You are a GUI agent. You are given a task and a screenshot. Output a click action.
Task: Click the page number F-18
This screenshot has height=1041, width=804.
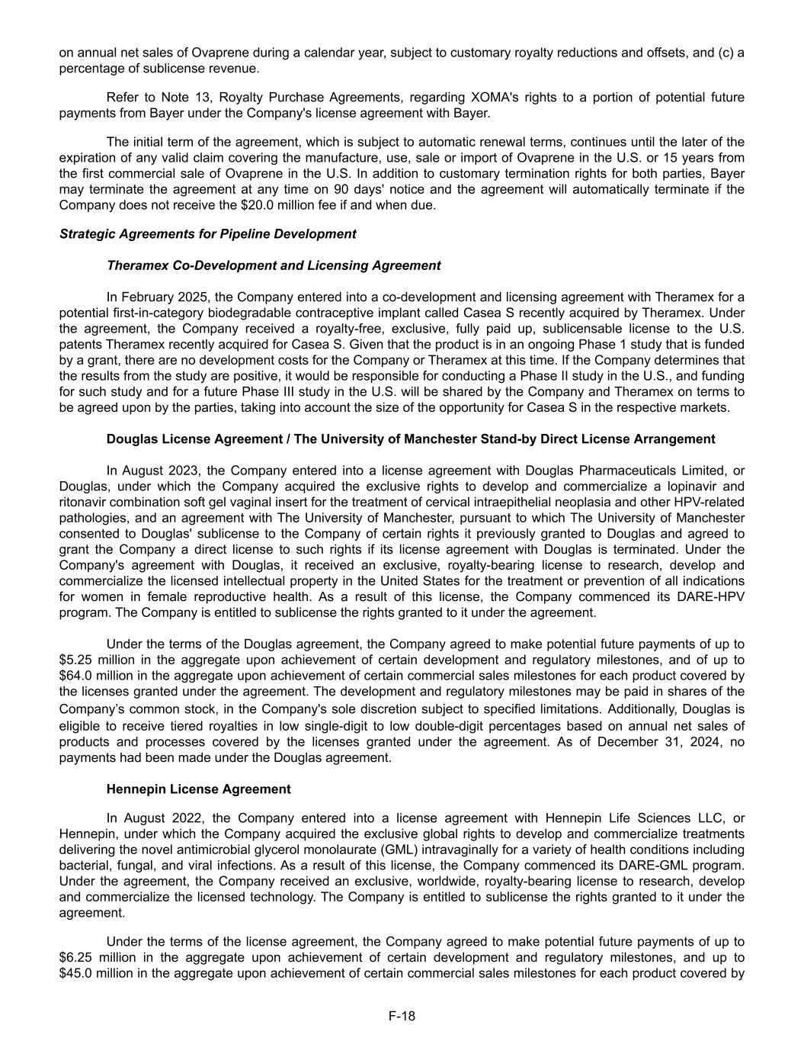click(x=402, y=1016)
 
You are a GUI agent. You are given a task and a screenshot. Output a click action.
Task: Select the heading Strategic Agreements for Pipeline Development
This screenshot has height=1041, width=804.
click(x=207, y=234)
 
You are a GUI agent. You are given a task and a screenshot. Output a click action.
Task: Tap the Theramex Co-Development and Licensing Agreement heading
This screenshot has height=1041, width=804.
click(x=274, y=265)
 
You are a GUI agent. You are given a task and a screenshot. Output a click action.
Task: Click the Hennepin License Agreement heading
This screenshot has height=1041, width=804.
click(x=198, y=789)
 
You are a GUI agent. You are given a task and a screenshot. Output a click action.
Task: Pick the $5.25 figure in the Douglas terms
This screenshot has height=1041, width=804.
click(x=75, y=660)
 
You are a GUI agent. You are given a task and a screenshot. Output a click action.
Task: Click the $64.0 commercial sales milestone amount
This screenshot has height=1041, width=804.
click(x=75, y=676)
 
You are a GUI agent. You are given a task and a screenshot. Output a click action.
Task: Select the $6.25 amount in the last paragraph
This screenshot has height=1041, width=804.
click(x=75, y=957)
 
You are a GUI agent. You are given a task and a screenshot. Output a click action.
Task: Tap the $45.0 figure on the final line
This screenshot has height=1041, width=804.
click(x=75, y=972)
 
